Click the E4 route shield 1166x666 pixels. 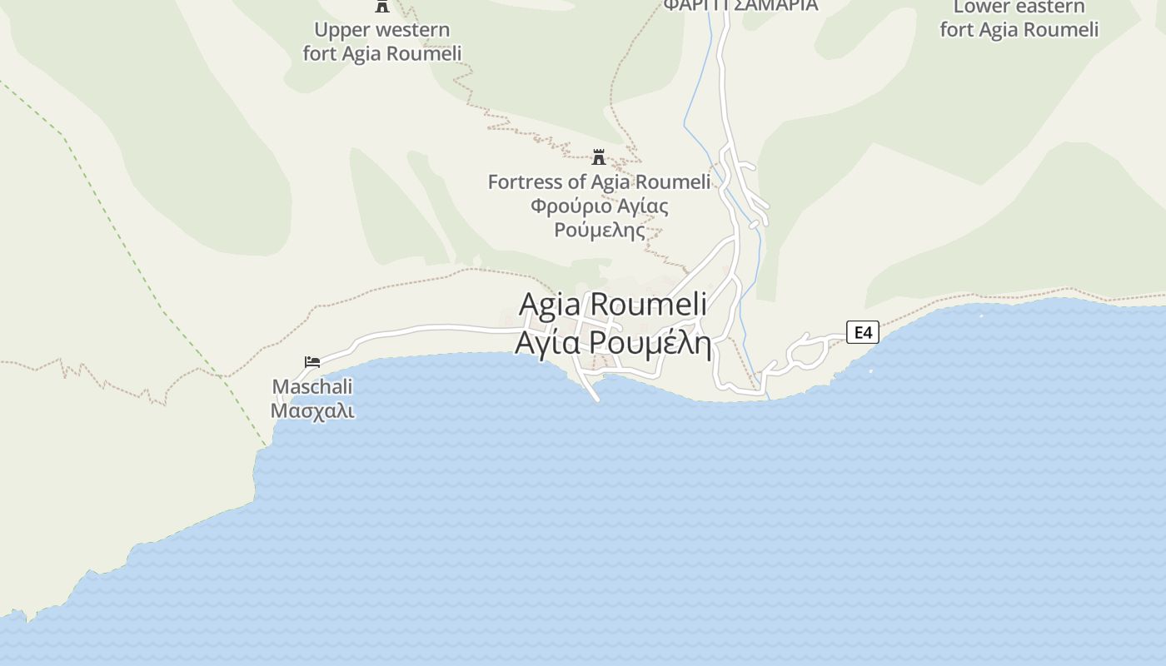point(863,333)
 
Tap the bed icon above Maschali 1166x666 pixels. point(312,362)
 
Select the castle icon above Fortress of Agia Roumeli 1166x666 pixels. point(598,157)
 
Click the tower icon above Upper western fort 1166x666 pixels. point(382,6)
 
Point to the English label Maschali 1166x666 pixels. point(312,387)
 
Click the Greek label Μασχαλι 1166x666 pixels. point(312,411)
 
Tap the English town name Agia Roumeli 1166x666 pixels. point(613,305)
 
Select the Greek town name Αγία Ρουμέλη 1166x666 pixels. point(613,342)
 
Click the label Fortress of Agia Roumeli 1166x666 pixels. point(599,181)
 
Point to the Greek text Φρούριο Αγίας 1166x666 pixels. point(599,206)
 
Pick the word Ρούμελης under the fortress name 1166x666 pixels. point(600,230)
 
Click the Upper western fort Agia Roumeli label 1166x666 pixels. point(382,42)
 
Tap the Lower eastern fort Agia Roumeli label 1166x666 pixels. point(1019,19)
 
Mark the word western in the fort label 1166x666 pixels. point(408,30)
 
